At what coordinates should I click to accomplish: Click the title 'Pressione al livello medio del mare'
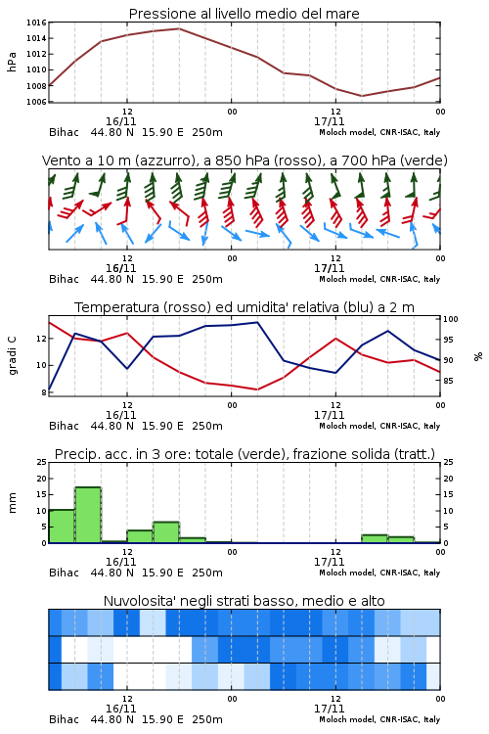click(244, 14)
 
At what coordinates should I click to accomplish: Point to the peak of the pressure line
click(179, 28)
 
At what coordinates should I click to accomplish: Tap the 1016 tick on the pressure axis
click(36, 23)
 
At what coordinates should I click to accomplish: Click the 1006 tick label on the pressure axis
click(36, 102)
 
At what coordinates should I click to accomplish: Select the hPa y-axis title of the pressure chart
click(12, 62)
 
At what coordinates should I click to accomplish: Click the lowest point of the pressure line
click(362, 96)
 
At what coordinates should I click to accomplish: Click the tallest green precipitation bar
click(88, 515)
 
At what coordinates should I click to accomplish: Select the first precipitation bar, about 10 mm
click(62, 527)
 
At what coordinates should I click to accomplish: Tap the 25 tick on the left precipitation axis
click(42, 462)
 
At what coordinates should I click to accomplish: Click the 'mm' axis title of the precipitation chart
click(12, 503)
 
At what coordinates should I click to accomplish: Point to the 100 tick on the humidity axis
click(451, 319)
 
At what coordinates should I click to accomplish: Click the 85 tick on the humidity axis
click(448, 381)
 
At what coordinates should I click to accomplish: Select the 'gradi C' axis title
click(12, 356)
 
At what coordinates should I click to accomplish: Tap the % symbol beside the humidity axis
click(478, 356)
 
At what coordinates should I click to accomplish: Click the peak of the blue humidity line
click(257, 322)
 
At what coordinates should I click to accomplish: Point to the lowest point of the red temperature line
click(257, 390)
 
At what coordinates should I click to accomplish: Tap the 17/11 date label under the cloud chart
click(329, 709)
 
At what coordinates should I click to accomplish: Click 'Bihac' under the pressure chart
click(64, 132)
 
